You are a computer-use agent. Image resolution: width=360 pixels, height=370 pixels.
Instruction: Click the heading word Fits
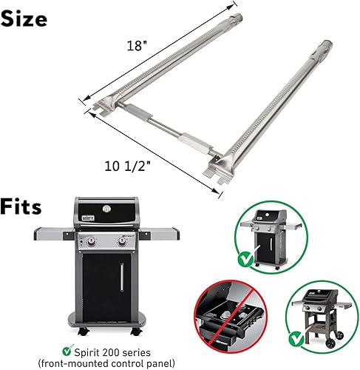point(21,205)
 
